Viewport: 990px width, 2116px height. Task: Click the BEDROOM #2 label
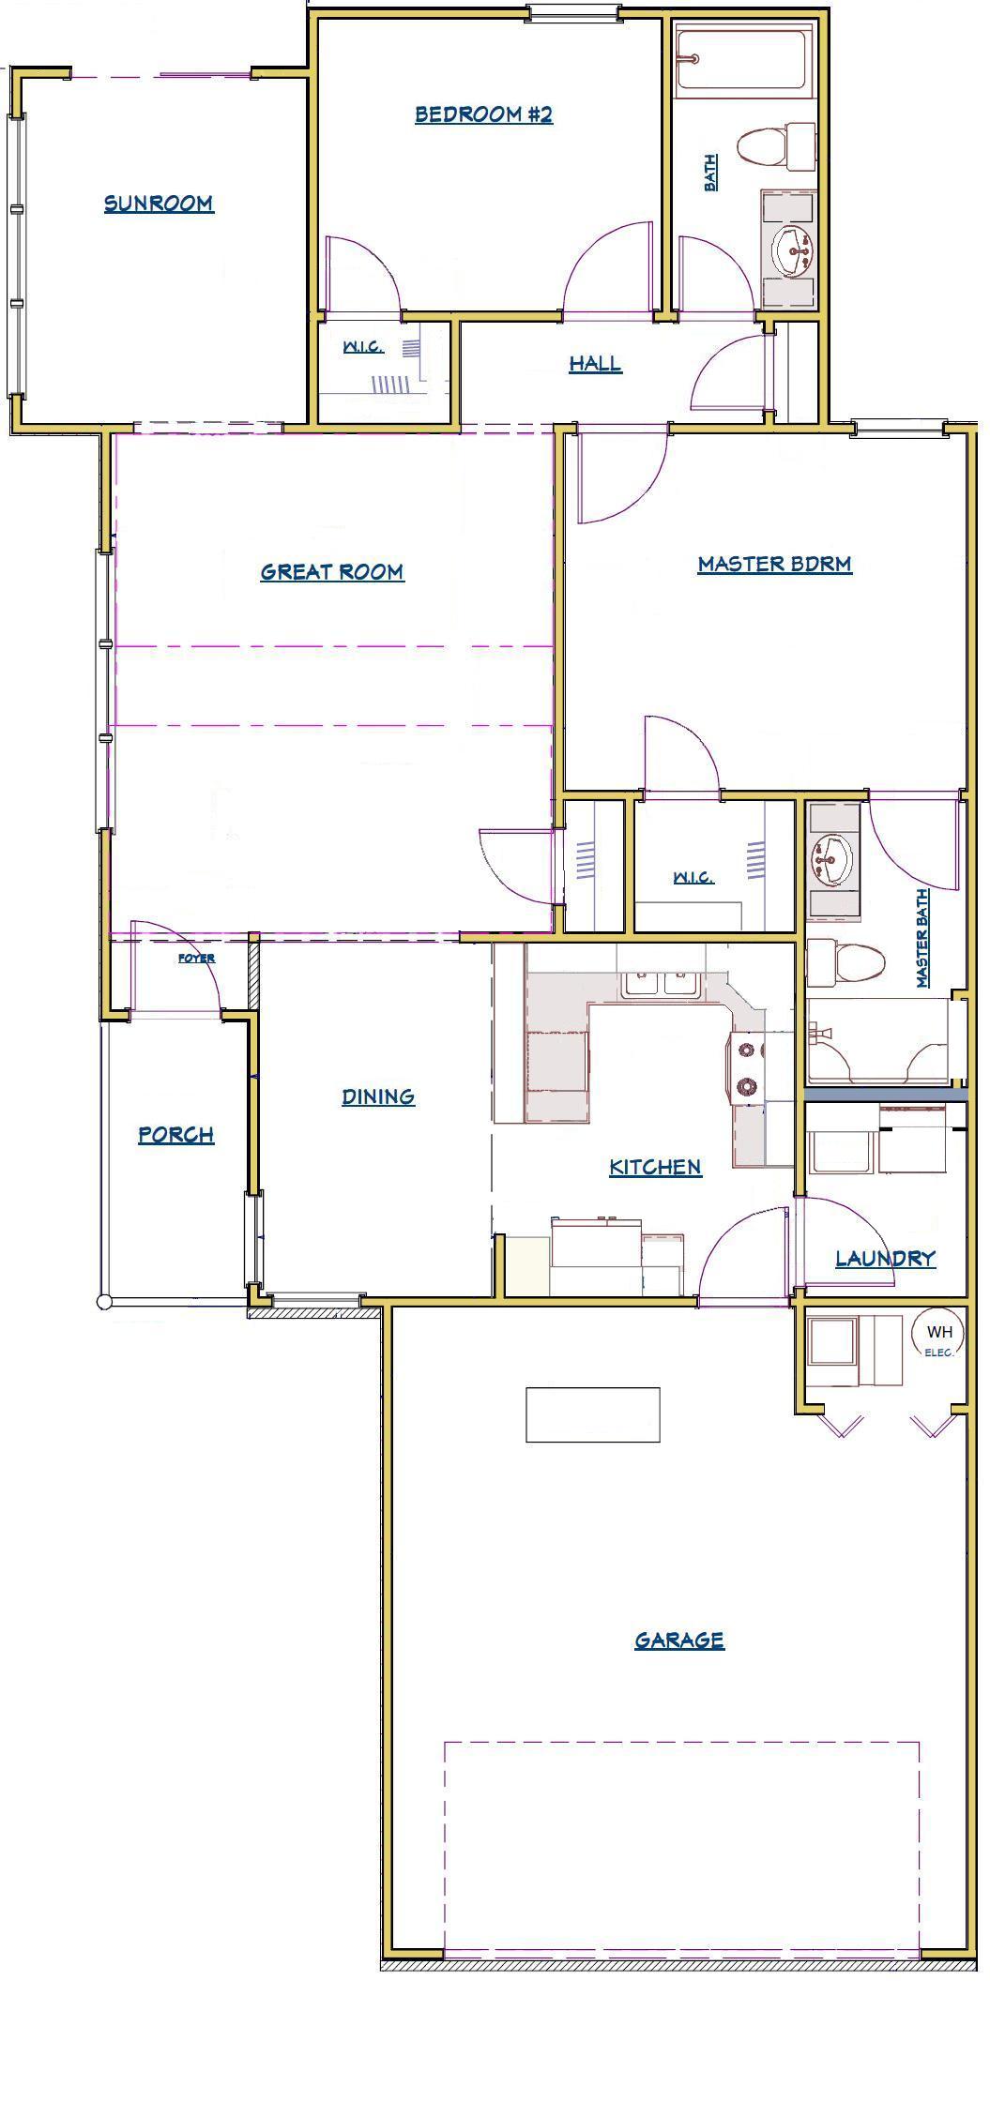(483, 114)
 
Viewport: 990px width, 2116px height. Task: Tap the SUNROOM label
(159, 204)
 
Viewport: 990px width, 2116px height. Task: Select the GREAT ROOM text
(332, 571)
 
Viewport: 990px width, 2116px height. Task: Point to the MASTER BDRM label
(774, 564)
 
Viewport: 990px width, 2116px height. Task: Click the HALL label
(595, 363)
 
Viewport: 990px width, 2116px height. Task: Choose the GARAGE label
(679, 1640)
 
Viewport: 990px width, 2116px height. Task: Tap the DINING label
(378, 1096)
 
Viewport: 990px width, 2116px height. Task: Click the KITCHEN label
(655, 1167)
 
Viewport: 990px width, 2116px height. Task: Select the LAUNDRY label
(885, 1258)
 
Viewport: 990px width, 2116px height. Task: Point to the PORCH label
(176, 1135)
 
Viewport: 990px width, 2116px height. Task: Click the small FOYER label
(196, 959)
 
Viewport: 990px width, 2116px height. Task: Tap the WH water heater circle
(938, 1332)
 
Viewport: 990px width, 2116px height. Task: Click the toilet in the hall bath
(777, 146)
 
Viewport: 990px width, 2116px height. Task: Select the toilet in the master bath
(845, 962)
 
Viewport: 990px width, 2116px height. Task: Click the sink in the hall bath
(794, 249)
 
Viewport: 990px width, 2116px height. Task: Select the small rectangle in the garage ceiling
(592, 1414)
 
